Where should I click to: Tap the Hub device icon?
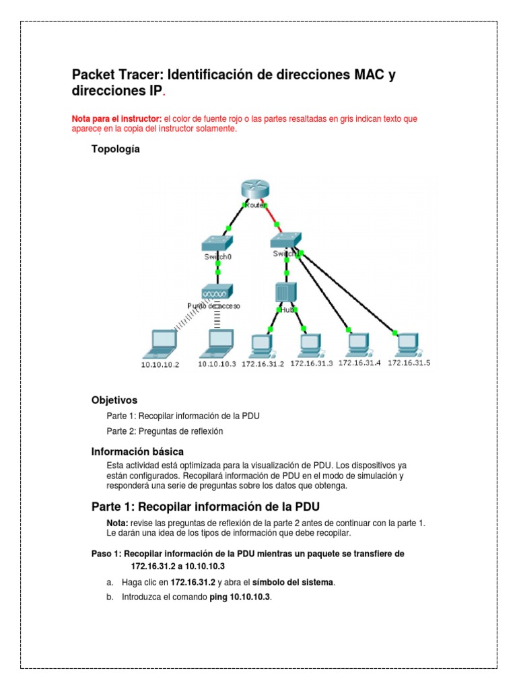click(x=287, y=293)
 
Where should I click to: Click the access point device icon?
click(x=217, y=293)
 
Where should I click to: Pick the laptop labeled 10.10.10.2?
click(x=160, y=344)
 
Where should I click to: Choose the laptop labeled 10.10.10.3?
click(x=217, y=344)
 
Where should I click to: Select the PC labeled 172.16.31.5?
click(x=407, y=344)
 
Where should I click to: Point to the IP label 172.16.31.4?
click(x=359, y=362)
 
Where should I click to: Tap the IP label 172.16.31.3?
click(x=312, y=363)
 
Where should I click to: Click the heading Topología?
click(x=116, y=149)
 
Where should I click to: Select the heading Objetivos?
click(x=114, y=400)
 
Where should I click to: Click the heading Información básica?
click(x=137, y=451)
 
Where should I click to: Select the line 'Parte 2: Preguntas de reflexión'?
click(x=165, y=431)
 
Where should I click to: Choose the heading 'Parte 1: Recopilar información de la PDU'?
click(x=210, y=506)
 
